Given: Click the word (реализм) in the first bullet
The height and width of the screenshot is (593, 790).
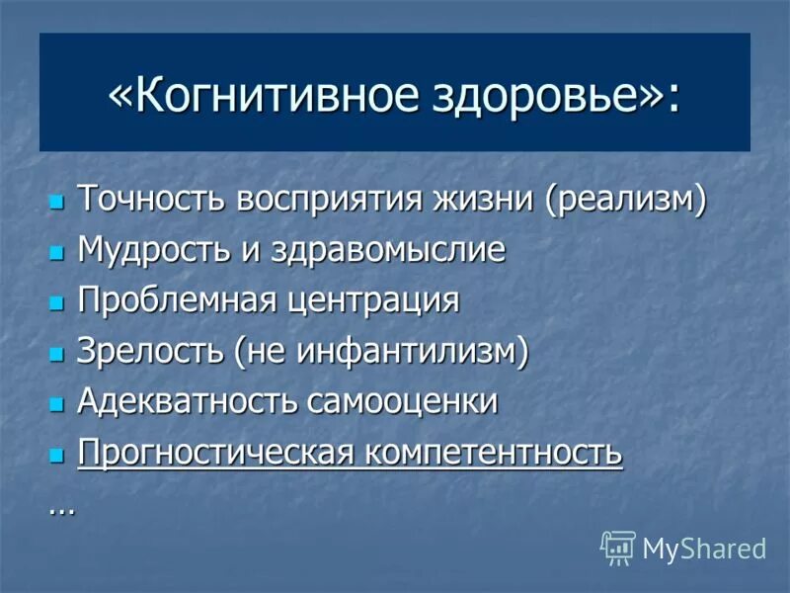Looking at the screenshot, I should [x=625, y=199].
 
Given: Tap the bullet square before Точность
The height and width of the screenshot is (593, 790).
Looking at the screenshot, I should [x=56, y=201].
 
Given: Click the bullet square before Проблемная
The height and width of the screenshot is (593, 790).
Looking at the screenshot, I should [x=56, y=302].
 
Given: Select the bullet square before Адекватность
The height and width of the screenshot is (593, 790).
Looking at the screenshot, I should [x=56, y=404].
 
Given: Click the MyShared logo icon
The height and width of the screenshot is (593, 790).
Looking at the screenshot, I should [x=618, y=547].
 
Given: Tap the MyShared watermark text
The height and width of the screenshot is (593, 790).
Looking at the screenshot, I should [x=704, y=549].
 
